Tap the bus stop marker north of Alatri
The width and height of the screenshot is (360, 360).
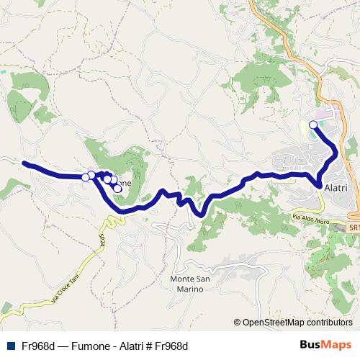point(313,125)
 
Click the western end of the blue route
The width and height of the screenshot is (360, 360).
point(24,163)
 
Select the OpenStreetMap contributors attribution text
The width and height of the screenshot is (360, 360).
point(297,323)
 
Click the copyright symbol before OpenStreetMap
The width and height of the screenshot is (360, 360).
point(238,323)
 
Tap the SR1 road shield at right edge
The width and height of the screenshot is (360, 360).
point(354,227)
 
